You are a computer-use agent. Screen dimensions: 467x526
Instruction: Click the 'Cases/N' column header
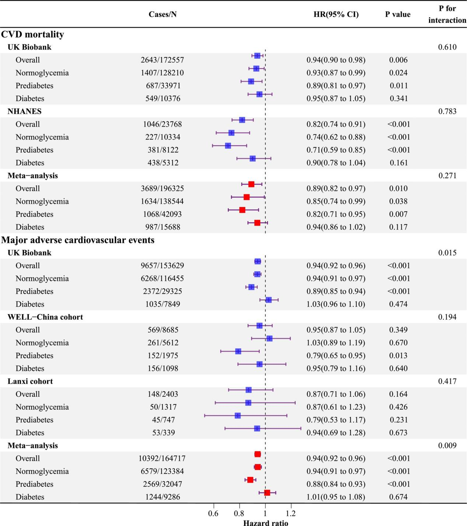click(163, 14)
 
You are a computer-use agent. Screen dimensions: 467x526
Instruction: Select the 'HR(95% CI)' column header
click(336, 14)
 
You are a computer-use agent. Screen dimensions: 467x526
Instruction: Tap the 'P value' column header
click(398, 14)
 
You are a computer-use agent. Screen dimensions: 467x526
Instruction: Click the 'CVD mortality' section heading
click(32, 34)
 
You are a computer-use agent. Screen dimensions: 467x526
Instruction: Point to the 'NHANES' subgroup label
click(24, 111)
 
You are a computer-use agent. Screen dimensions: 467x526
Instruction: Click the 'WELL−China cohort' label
click(45, 317)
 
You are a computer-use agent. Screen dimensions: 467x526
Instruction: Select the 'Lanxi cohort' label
click(30, 381)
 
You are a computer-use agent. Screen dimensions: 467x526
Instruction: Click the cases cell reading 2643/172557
click(162, 60)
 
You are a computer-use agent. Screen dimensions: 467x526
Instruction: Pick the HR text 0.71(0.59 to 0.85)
click(336, 150)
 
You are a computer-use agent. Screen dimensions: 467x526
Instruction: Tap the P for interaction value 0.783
click(447, 111)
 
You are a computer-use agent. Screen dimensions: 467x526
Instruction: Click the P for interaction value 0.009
click(447, 446)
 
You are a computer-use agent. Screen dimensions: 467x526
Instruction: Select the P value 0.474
click(398, 304)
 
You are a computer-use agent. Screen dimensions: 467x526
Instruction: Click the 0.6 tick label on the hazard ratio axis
click(213, 513)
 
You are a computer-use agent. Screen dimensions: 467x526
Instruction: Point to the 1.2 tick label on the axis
click(291, 513)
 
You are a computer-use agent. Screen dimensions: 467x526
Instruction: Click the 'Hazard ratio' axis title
click(265, 523)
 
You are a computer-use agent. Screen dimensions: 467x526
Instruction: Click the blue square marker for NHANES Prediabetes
click(228, 146)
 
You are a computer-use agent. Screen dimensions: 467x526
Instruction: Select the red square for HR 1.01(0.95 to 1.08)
click(267, 492)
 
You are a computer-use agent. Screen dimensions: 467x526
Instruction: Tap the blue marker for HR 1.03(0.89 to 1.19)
click(269, 338)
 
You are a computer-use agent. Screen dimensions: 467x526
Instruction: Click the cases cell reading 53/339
click(163, 433)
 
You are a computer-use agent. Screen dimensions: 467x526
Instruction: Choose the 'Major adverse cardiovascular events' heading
click(78, 240)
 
